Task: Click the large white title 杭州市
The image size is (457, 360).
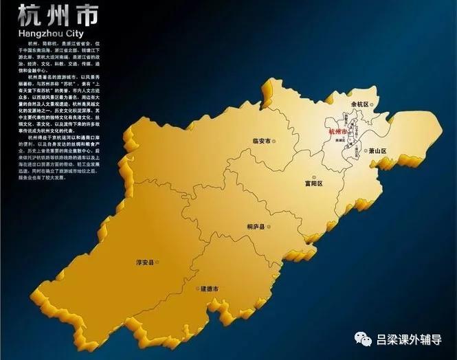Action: coord(58,16)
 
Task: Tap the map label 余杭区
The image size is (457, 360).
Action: coord(361,104)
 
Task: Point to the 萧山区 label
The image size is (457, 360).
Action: coord(378,150)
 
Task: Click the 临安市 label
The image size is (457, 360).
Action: coord(262,142)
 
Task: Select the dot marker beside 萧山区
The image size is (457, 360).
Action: coord(362,150)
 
